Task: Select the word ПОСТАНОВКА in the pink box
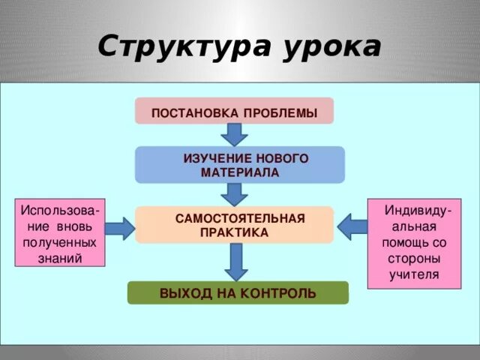pos(195,113)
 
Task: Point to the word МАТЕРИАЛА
pos(239,172)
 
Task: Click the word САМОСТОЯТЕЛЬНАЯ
pos(240,218)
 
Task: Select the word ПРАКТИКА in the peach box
pos(234,232)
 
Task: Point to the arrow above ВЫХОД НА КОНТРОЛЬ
pos(235,262)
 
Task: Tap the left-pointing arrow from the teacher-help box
pos(351,226)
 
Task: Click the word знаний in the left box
pos(59,257)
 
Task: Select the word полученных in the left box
pos(59,243)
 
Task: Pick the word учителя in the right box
pos(413,274)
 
